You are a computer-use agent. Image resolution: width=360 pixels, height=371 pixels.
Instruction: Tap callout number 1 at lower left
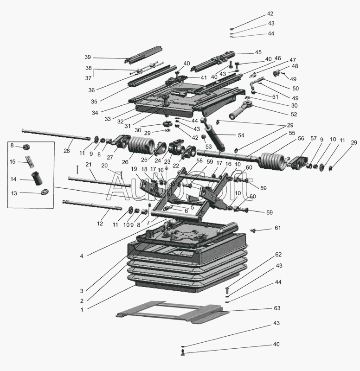pyautogui.click(x=82, y=309)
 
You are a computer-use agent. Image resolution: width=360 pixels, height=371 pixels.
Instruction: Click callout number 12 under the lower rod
pyautogui.click(x=100, y=224)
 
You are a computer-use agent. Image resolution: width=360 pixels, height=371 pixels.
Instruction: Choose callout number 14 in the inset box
pyautogui.click(x=13, y=179)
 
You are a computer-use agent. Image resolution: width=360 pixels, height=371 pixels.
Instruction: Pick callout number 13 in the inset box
pyautogui.click(x=13, y=193)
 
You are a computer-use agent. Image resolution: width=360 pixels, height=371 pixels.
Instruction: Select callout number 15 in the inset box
pyautogui.click(x=13, y=161)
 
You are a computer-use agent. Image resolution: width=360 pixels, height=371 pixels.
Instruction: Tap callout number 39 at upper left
pyautogui.click(x=88, y=57)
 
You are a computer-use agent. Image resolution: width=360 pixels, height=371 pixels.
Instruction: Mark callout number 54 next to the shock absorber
pyautogui.click(x=241, y=135)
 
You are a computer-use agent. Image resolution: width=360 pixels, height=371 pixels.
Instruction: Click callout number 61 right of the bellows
pyautogui.click(x=277, y=228)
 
